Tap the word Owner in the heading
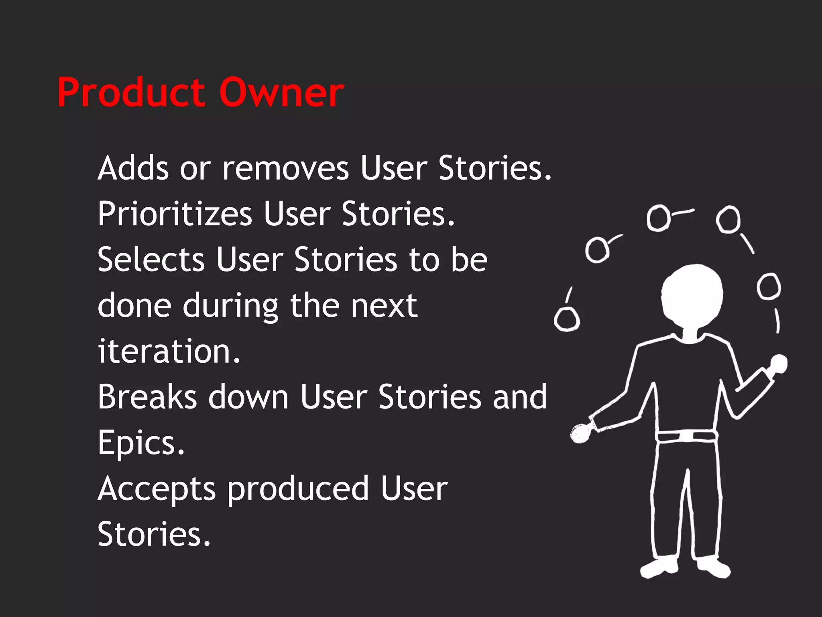(x=281, y=93)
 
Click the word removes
(x=285, y=169)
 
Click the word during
(x=230, y=306)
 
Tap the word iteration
(x=169, y=351)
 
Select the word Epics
(x=141, y=443)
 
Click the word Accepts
(x=157, y=489)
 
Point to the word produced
(x=298, y=489)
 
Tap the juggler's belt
(x=686, y=436)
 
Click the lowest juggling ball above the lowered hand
(x=567, y=320)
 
